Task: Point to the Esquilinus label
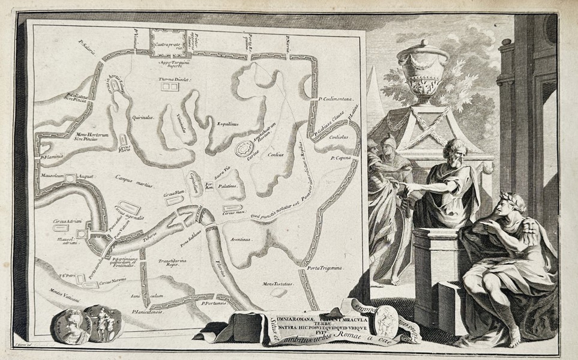click(227, 124)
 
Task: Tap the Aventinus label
click(239, 239)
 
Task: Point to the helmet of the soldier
click(388, 144)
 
